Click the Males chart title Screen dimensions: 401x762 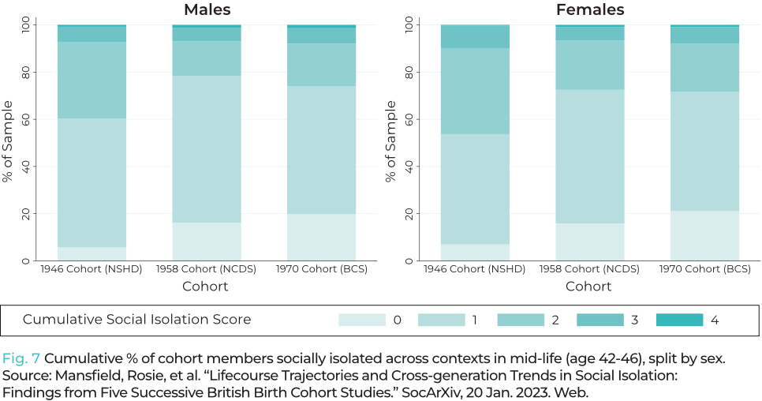coord(206,10)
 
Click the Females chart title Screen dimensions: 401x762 coord(589,10)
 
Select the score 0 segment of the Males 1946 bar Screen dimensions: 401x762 coord(92,253)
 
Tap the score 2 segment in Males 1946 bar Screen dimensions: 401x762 coord(92,80)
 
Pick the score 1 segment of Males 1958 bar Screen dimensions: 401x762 coord(207,149)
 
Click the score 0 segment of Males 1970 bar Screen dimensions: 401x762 coord(321,237)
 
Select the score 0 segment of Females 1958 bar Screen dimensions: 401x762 coord(589,242)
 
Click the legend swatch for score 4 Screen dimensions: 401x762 coord(679,320)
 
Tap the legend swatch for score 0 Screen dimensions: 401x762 coord(362,320)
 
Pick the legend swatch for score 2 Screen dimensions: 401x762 coord(521,320)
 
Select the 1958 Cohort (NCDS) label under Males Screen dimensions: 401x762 coord(206,269)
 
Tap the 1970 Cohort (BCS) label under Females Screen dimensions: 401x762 coord(704,269)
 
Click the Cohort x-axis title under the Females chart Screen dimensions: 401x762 coord(589,286)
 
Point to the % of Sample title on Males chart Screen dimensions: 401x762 coord(8,142)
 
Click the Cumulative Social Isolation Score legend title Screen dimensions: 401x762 coord(136,320)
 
